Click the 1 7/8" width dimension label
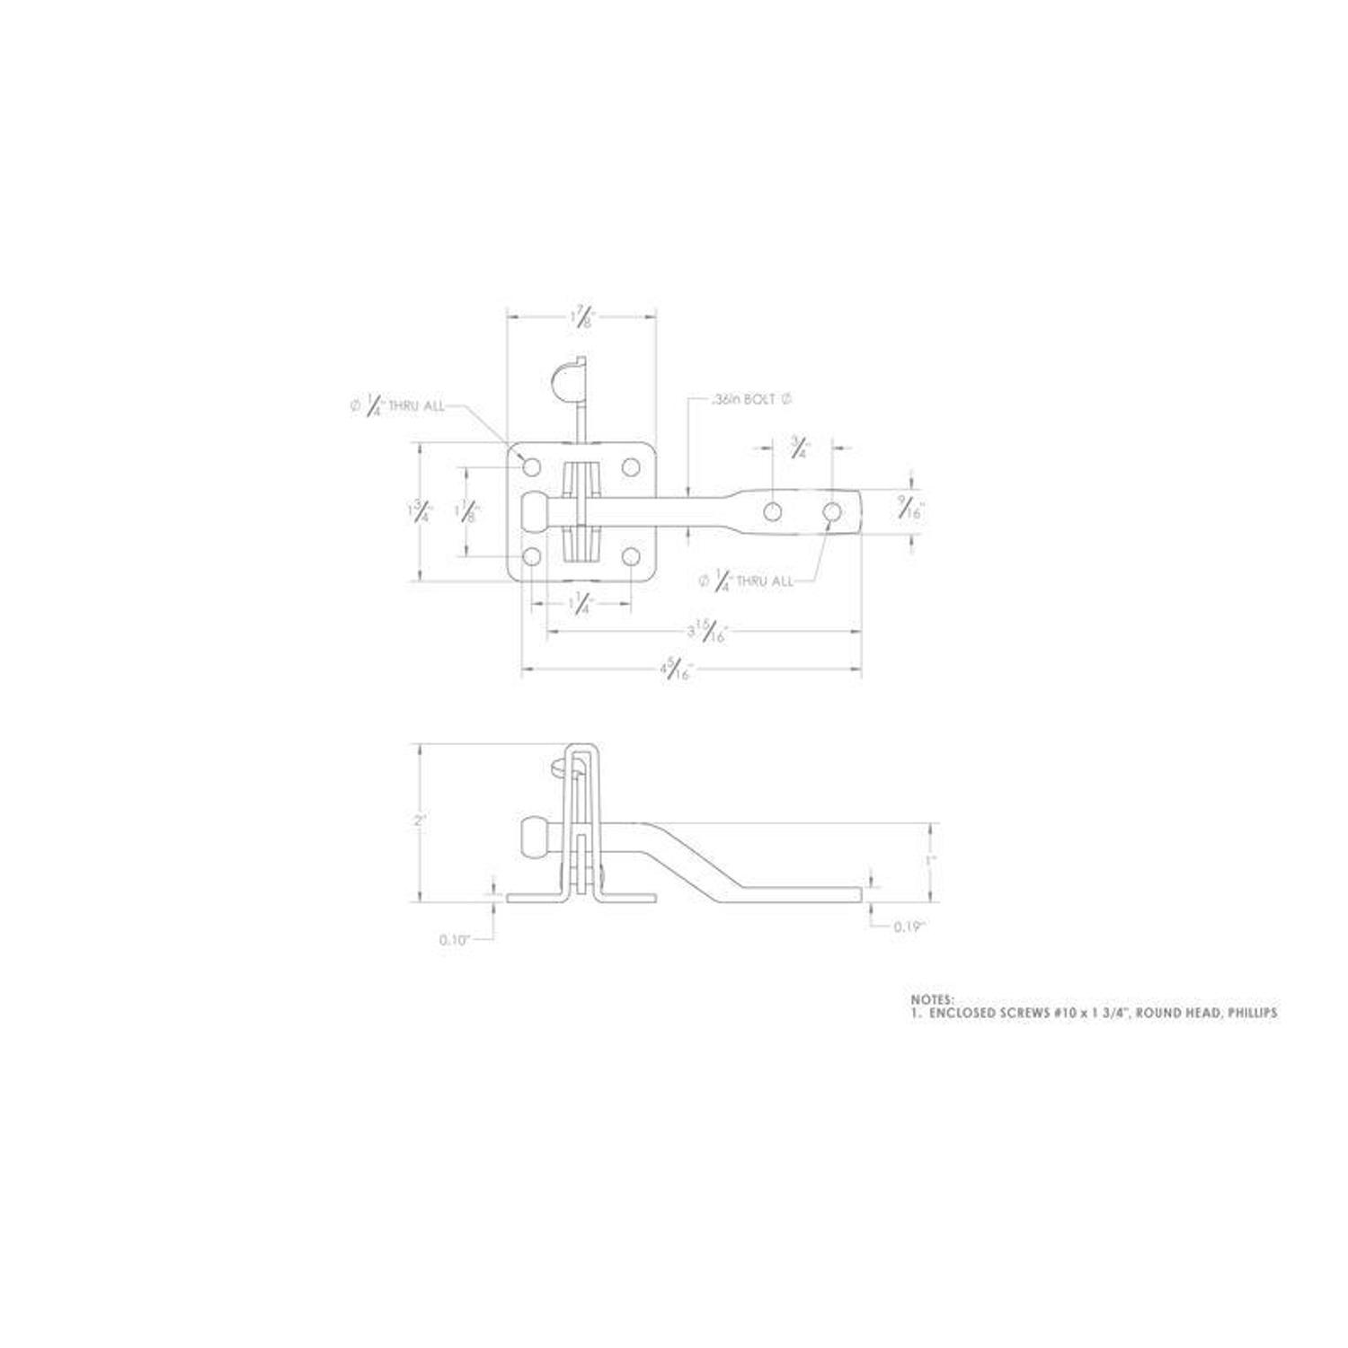pos(582,316)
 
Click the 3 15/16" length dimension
pos(705,632)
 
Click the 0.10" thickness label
pos(455,940)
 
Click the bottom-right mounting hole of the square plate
pos(631,557)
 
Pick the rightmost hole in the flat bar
pos(832,512)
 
